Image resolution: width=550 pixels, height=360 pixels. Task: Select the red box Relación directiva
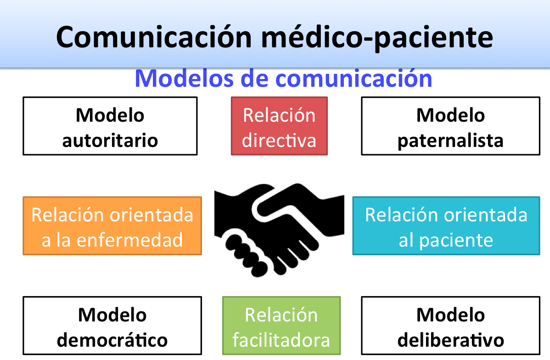pos(279,126)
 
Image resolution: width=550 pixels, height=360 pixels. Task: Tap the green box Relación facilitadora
pos(281,326)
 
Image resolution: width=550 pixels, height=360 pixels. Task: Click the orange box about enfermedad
pos(112,225)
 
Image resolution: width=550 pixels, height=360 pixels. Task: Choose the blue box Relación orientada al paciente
pos(446,225)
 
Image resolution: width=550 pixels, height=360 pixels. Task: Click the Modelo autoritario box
pos(110,126)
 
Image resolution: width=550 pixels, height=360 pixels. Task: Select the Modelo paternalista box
pos(451,126)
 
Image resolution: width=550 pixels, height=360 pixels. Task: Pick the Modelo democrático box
pos(112,326)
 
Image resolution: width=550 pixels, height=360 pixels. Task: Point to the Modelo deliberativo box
pos(451,326)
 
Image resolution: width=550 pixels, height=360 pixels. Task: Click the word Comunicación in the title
pos(154,37)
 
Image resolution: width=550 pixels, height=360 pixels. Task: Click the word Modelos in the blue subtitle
pos(184,78)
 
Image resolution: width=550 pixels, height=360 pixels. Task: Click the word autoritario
pos(110,141)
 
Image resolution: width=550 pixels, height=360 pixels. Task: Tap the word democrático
pos(112,340)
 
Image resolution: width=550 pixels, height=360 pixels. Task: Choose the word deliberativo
pos(451,340)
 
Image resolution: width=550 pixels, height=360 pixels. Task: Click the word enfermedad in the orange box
pos(130,240)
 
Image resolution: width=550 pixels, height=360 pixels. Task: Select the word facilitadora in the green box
pos(281,340)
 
